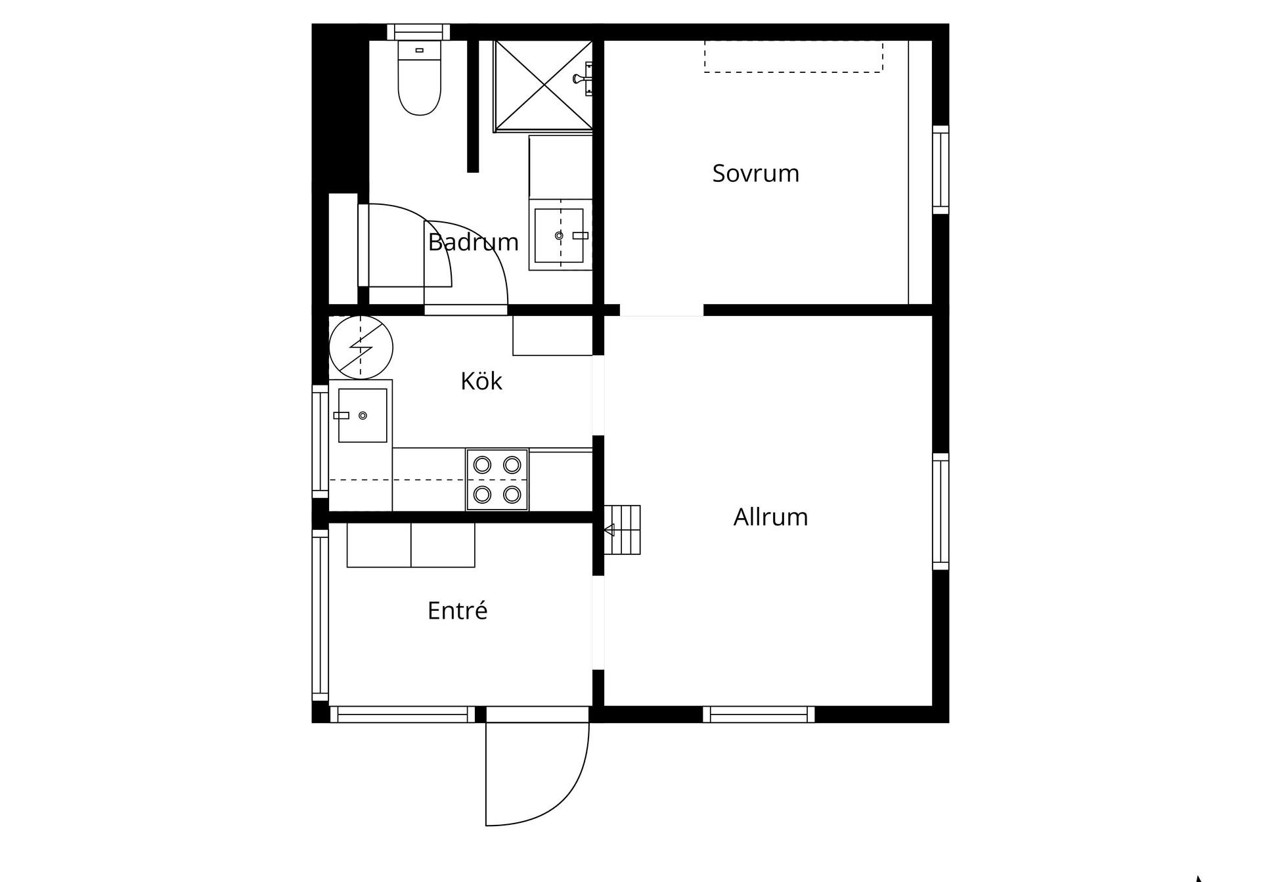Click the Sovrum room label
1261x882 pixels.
[x=755, y=173]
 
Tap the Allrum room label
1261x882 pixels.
[x=770, y=517]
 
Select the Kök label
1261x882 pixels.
[x=481, y=381]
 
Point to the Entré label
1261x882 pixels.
[x=457, y=611]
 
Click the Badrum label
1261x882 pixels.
[x=473, y=242]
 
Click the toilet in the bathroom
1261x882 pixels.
[x=419, y=78]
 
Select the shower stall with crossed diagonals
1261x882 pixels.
[x=544, y=85]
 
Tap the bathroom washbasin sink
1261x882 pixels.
[x=559, y=235]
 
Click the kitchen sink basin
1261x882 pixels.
[x=363, y=415]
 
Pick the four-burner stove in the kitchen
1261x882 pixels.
[x=497, y=479]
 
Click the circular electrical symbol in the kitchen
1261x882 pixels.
[x=361, y=347]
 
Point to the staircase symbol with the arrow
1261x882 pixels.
[x=622, y=530]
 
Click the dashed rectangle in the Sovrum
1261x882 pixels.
[x=793, y=56]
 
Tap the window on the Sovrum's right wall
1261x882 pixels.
[x=940, y=169]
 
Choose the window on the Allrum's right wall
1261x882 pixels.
[x=940, y=512]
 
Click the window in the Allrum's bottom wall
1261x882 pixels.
[x=759, y=715]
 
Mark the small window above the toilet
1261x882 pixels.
[x=418, y=32]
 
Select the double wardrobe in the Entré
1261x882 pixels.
[x=410, y=545]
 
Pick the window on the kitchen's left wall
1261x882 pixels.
[x=320, y=441]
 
